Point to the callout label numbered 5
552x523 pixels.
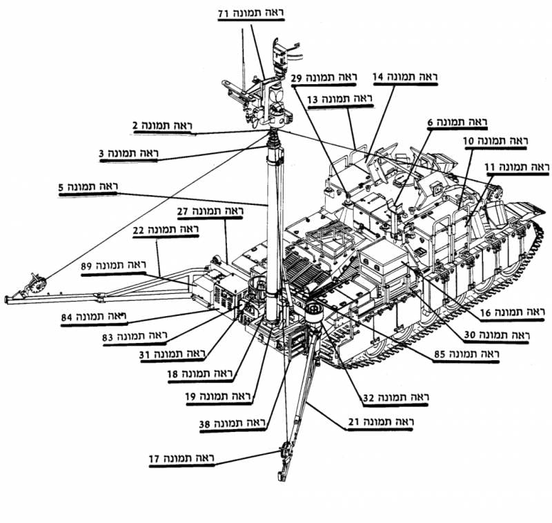[x=89, y=187]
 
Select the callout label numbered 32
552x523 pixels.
[x=397, y=398]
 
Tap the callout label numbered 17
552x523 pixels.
[x=183, y=458]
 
